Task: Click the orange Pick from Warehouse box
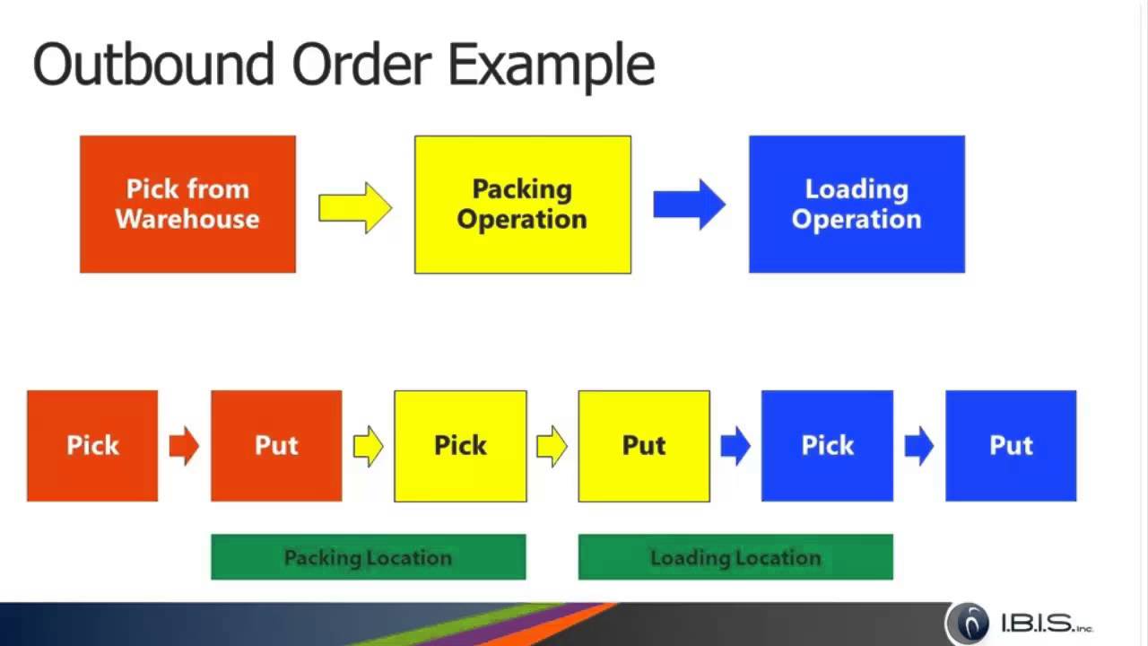tap(187, 205)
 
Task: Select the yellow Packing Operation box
tap(522, 205)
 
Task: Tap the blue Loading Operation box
tap(857, 205)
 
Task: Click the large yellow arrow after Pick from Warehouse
tap(355, 207)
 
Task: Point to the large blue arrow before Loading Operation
tap(689, 205)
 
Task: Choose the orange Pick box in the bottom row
tap(92, 446)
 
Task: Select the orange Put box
tap(276, 446)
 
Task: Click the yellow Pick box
tap(460, 446)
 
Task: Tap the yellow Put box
tap(644, 446)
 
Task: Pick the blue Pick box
tap(827, 446)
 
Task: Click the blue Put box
tap(1011, 446)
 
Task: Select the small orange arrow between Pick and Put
tap(184, 446)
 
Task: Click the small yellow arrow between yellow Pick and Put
tap(552, 446)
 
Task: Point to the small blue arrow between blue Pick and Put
tap(918, 446)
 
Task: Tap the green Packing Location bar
tap(368, 557)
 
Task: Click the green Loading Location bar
tap(735, 557)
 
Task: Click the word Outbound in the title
tap(152, 65)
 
